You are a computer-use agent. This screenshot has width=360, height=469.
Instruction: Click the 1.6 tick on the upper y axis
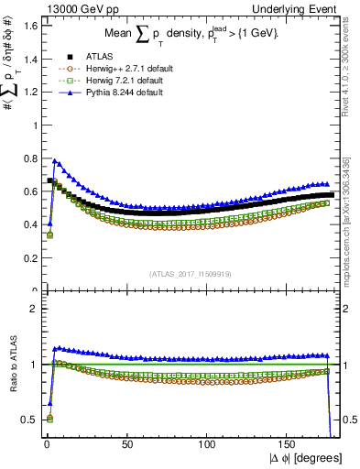[x=27, y=26]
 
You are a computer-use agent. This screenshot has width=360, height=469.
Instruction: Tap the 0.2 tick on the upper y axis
[x=27, y=258]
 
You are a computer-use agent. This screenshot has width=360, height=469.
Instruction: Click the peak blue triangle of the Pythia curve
[x=54, y=160]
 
